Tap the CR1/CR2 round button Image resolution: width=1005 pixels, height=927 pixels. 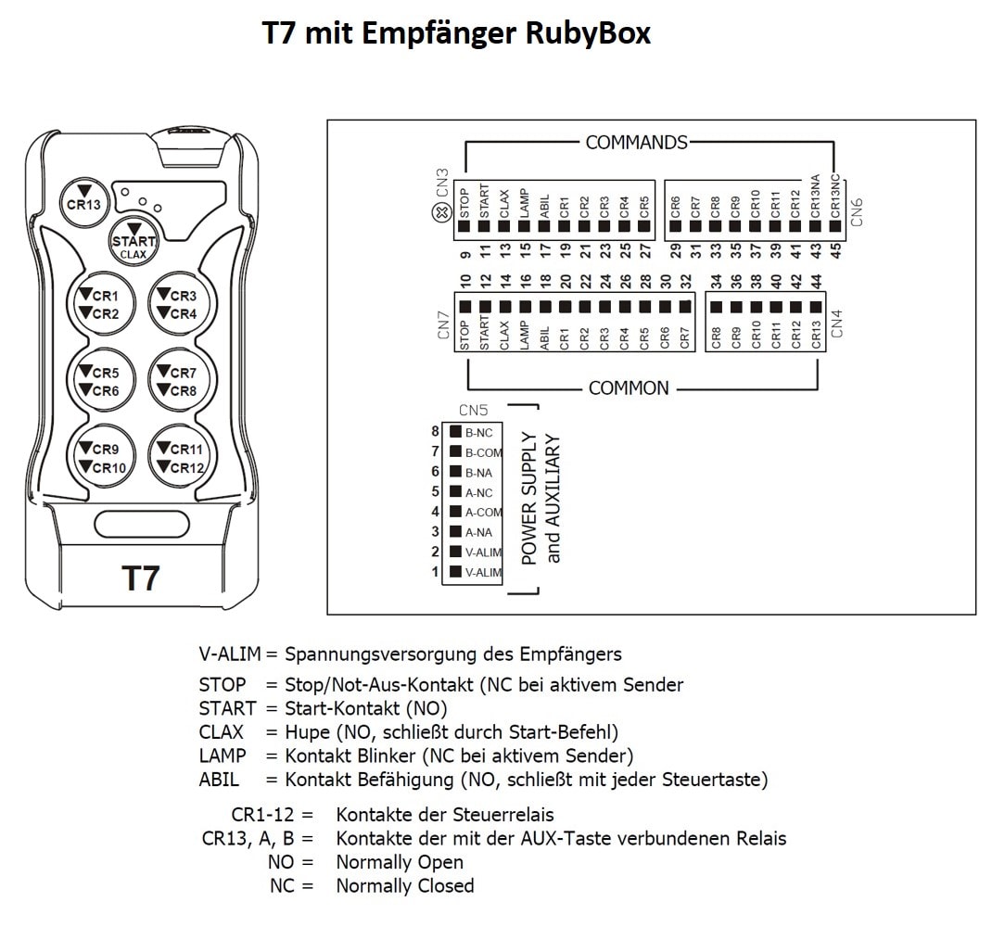tap(105, 303)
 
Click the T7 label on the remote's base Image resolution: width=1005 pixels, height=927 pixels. tap(141, 578)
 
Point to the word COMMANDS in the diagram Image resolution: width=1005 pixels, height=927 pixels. tap(636, 143)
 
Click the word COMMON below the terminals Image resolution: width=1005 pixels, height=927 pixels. tap(629, 387)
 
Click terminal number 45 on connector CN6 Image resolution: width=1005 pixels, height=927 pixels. tap(836, 250)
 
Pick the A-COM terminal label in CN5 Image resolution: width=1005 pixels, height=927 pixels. tap(484, 512)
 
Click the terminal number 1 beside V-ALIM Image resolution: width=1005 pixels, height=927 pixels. tap(435, 572)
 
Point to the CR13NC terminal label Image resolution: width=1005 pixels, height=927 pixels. tap(836, 196)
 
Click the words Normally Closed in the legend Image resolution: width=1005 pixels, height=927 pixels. tap(404, 885)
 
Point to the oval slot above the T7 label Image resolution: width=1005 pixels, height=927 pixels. tap(142, 524)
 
